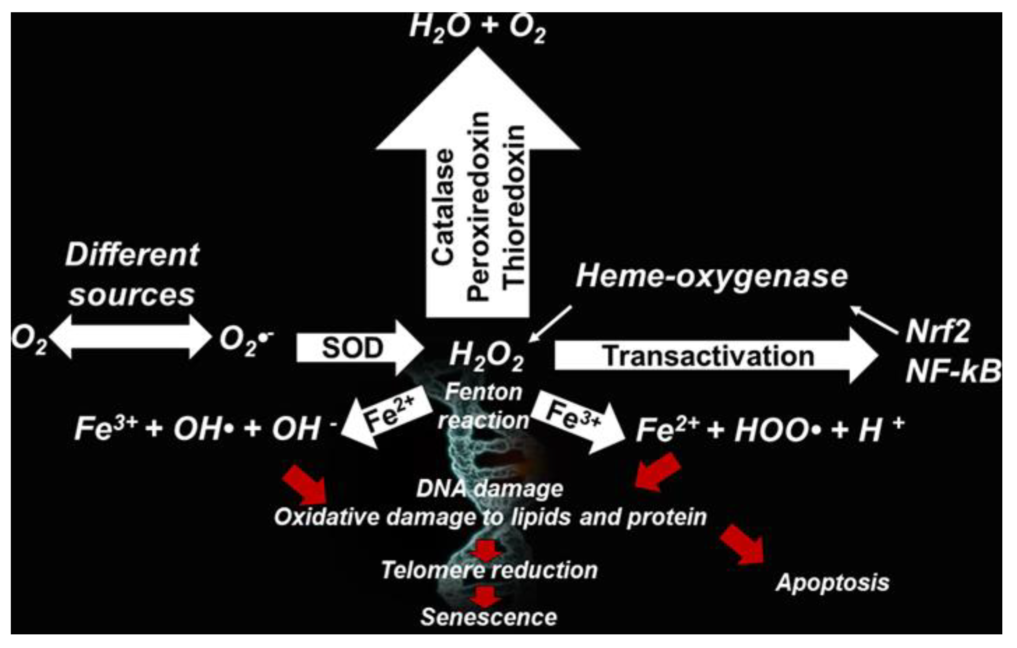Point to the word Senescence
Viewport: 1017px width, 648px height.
tap(489, 617)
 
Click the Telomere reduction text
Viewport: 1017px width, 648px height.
tap(489, 570)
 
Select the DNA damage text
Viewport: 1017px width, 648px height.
tap(489, 489)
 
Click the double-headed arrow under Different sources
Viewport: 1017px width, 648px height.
tap(130, 337)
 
